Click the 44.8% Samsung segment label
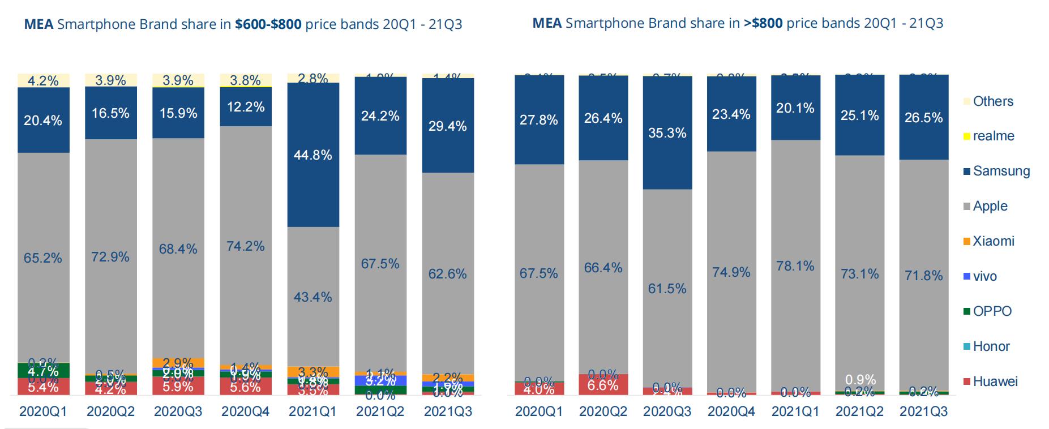(312, 155)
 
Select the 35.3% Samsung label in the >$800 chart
(667, 133)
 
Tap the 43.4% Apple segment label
(312, 297)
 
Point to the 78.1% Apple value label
(795, 266)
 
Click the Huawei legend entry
(994, 381)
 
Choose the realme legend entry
(993, 136)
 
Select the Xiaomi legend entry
(993, 242)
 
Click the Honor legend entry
(991, 346)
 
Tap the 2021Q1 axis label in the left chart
(312, 411)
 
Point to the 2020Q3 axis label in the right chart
(667, 411)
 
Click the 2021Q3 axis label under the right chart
(923, 411)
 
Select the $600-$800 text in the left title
(268, 24)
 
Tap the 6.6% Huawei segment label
(603, 385)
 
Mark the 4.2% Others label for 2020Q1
(43, 81)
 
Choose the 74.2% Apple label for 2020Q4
(245, 246)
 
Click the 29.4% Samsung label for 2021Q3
(447, 126)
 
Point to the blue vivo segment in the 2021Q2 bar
(380, 380)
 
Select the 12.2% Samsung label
(245, 106)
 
